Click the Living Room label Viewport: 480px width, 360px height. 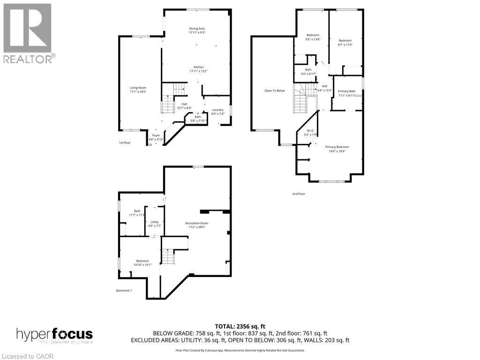138,90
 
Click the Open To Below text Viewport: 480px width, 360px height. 274,90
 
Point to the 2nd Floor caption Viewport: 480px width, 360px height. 299,194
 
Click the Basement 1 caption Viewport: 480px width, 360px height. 124,291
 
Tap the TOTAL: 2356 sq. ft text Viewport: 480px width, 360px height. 240,326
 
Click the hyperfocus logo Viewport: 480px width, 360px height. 55,335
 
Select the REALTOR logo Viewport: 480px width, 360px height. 28,33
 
